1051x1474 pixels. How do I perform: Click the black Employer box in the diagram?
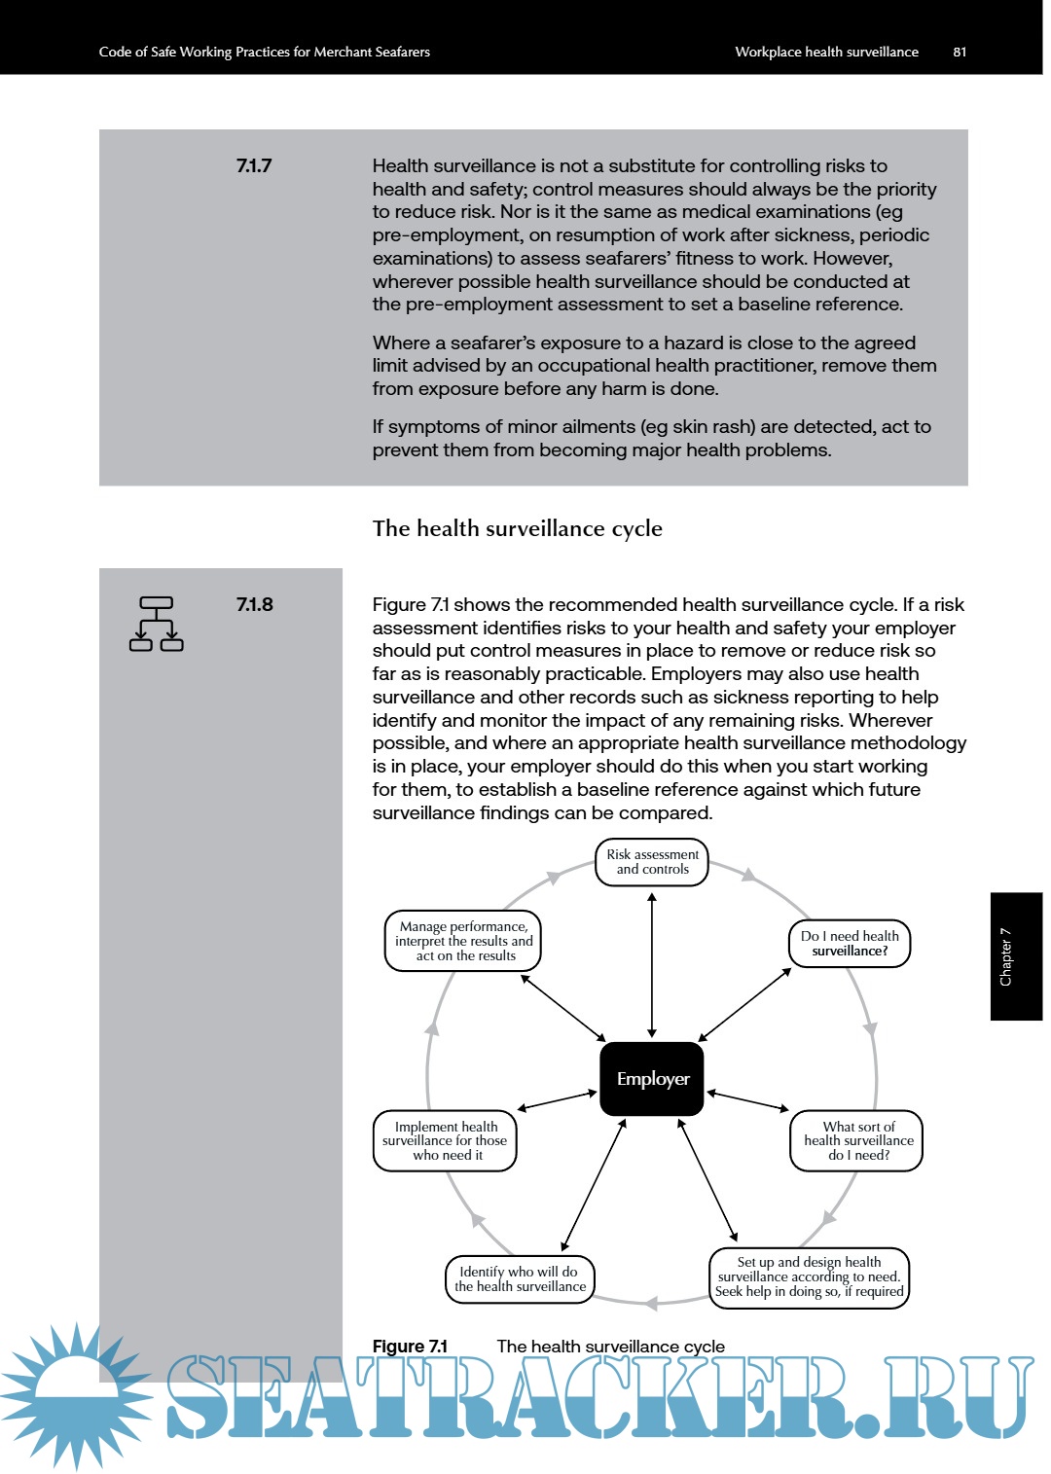(652, 1079)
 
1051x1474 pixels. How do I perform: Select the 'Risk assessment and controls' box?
(652, 862)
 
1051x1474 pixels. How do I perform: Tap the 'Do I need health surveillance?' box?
(850, 944)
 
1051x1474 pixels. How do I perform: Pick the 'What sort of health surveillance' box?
(857, 1141)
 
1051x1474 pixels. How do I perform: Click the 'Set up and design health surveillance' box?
(809, 1277)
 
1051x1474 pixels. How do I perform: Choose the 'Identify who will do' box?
(520, 1278)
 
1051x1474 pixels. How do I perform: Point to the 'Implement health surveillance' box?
(446, 1141)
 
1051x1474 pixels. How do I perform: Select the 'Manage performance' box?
(463, 941)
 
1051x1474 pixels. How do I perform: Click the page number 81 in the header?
(960, 52)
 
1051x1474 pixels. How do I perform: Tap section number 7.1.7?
(254, 165)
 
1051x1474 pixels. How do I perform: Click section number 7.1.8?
(254, 604)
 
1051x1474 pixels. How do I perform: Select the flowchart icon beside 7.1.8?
(157, 624)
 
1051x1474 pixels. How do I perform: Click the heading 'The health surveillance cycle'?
(517, 528)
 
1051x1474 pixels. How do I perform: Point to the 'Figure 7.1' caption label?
(410, 1346)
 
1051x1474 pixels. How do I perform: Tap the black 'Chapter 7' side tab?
(1016, 956)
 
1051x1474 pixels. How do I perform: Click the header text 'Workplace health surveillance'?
(826, 52)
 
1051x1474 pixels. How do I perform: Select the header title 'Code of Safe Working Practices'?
(264, 52)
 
